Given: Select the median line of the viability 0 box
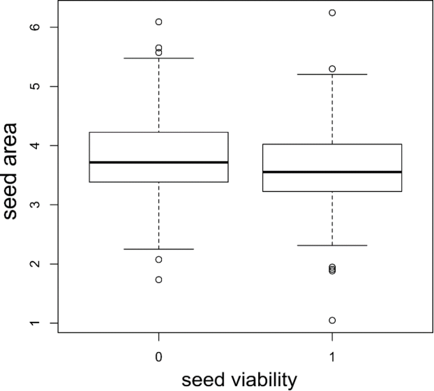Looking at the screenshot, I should click(x=159, y=162).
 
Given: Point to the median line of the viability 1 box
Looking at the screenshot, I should click(x=332, y=172).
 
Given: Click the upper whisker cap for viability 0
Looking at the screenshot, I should click(x=159, y=58).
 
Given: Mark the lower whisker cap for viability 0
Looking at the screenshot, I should click(x=159, y=249).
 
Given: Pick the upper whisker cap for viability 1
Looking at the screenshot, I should click(x=332, y=74).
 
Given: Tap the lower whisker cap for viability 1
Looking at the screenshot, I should click(x=332, y=245).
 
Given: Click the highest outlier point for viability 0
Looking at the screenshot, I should click(x=159, y=22).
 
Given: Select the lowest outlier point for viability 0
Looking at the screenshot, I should click(x=159, y=279).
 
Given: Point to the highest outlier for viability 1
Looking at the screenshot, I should click(x=332, y=13).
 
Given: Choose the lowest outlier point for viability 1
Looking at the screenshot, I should click(x=332, y=320).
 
